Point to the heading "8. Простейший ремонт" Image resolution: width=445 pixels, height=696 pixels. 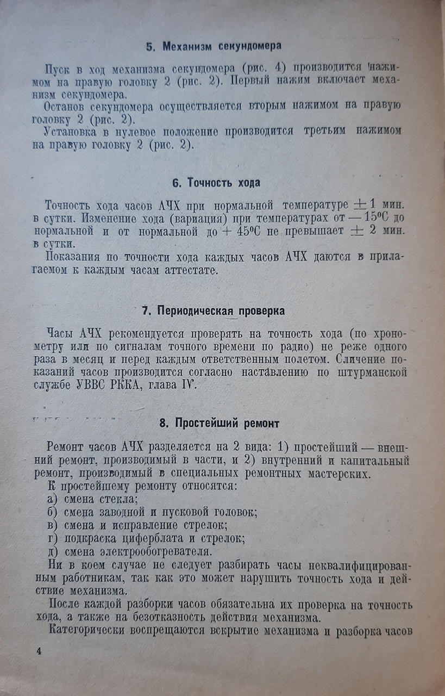coord(220,423)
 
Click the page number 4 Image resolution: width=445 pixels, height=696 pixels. coord(39,651)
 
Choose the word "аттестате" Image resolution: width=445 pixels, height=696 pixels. coord(186,270)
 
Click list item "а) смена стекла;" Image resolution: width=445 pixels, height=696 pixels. coord(93,499)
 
